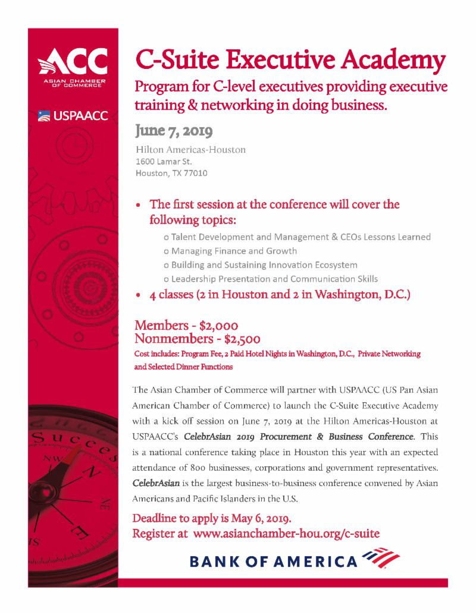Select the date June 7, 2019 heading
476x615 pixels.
click(x=174, y=130)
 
